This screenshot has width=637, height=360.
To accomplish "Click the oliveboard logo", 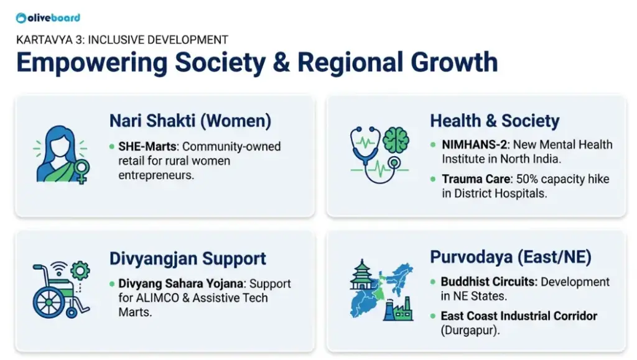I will coord(48,18).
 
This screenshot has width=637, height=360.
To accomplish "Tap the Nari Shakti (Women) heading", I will coord(190,121).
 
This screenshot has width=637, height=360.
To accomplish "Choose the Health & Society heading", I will coord(495,121).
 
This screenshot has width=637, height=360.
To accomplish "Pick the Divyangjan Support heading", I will coord(188,259).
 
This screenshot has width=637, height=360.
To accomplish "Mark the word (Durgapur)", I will coord(470,330).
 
